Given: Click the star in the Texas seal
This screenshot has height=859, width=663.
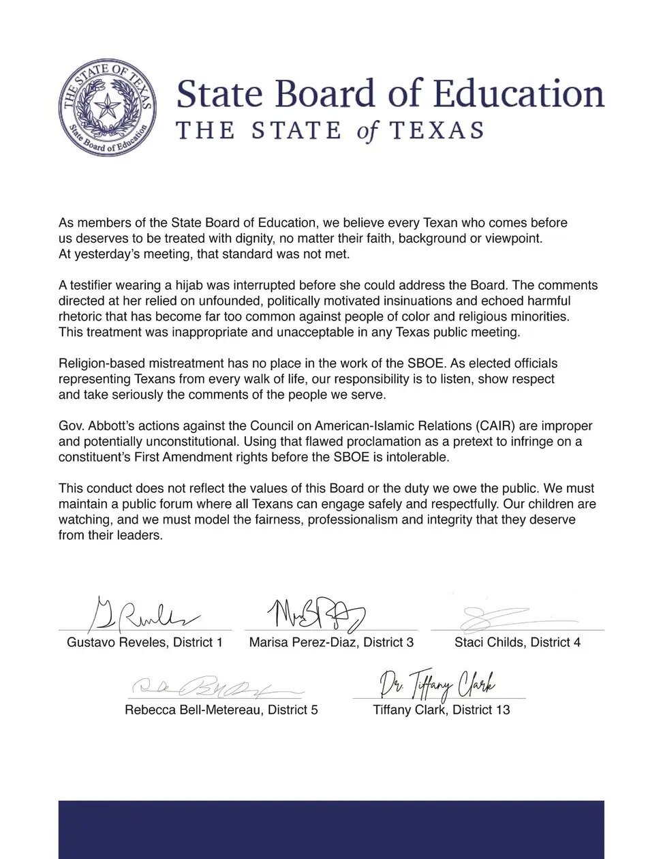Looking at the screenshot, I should tap(106, 106).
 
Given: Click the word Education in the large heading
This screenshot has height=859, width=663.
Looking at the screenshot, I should tap(519, 95).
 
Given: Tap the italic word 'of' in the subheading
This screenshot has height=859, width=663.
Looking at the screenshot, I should tap(366, 130).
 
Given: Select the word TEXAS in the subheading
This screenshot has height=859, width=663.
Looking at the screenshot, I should tap(437, 130).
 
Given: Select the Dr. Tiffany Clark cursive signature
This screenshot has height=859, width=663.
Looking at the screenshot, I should tap(438, 684).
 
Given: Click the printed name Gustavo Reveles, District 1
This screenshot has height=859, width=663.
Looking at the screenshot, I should tap(144, 642).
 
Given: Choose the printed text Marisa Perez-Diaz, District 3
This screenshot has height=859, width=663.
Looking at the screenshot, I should tap(331, 642).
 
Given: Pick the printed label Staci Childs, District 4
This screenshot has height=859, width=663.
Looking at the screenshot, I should tap(517, 642).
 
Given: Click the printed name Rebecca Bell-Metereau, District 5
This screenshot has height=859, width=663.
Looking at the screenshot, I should tap(221, 710).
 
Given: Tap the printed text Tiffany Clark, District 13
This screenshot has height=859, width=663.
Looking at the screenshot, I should tap(441, 710).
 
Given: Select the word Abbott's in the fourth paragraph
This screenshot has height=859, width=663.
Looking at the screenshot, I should tap(104, 426).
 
